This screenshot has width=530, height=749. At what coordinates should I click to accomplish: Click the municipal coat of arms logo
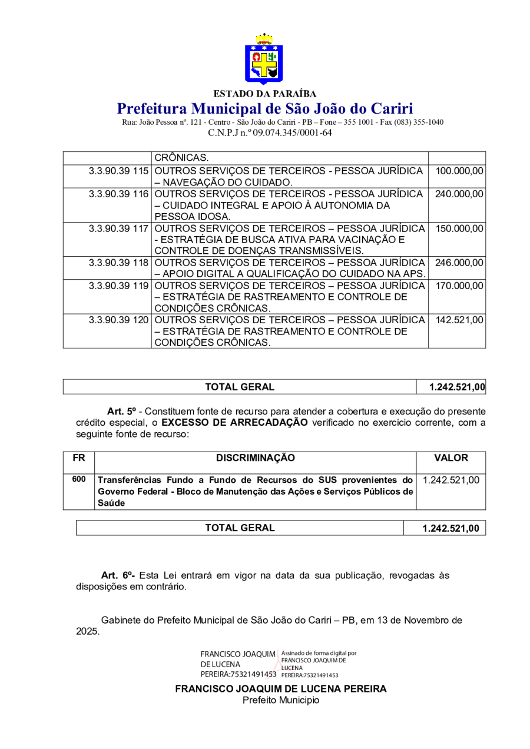pyautogui.click(x=264, y=59)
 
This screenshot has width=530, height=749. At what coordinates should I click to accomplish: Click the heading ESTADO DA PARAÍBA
pyautogui.click(x=264, y=94)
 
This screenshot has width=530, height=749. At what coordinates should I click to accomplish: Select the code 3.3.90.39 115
pyautogui.click(x=118, y=171)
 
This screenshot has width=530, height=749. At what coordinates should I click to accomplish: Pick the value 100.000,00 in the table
pyautogui.click(x=459, y=171)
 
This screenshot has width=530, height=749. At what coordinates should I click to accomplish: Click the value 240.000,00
pyautogui.click(x=459, y=194)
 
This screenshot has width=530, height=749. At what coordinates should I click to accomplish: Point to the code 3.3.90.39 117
pyautogui.click(x=118, y=228)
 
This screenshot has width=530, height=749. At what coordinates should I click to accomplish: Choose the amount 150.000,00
pyautogui.click(x=459, y=228)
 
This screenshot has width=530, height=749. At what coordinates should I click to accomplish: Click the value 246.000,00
pyautogui.click(x=459, y=263)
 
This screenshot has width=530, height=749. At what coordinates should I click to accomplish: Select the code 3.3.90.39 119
pyautogui.click(x=118, y=286)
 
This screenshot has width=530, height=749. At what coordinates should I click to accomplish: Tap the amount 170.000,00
pyautogui.click(x=459, y=286)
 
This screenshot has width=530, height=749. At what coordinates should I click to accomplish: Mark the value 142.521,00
pyautogui.click(x=459, y=320)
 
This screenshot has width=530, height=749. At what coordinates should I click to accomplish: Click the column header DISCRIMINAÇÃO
pyautogui.click(x=255, y=458)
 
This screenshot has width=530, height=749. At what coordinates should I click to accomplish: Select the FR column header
pyautogui.click(x=78, y=458)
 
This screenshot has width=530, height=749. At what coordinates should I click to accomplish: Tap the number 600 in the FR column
pyautogui.click(x=78, y=479)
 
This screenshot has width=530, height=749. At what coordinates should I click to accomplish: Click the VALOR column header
pyautogui.click(x=450, y=458)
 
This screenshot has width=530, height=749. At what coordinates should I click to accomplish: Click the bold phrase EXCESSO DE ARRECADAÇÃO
pyautogui.click(x=234, y=422)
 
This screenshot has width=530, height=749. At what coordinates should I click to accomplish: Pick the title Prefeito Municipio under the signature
pyautogui.click(x=281, y=700)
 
